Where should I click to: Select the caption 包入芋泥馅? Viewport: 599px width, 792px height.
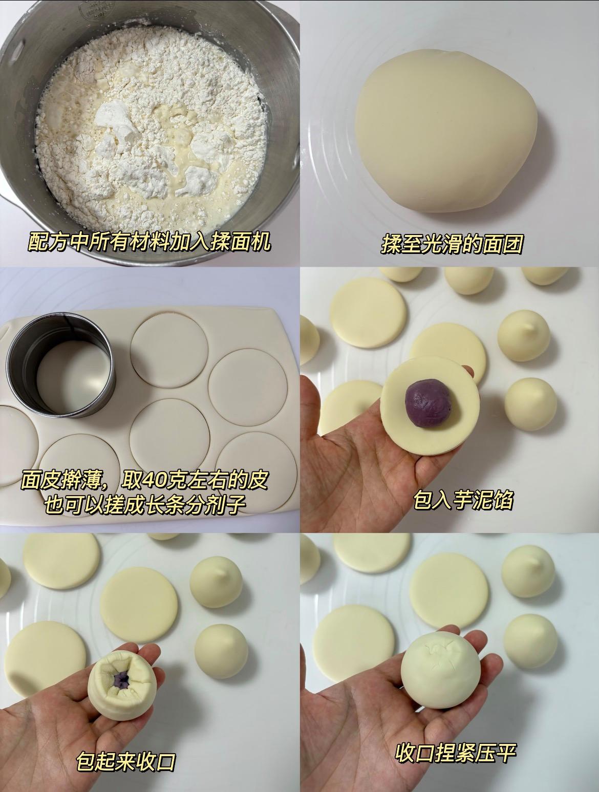(463, 500)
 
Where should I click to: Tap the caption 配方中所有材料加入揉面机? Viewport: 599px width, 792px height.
(149, 242)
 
